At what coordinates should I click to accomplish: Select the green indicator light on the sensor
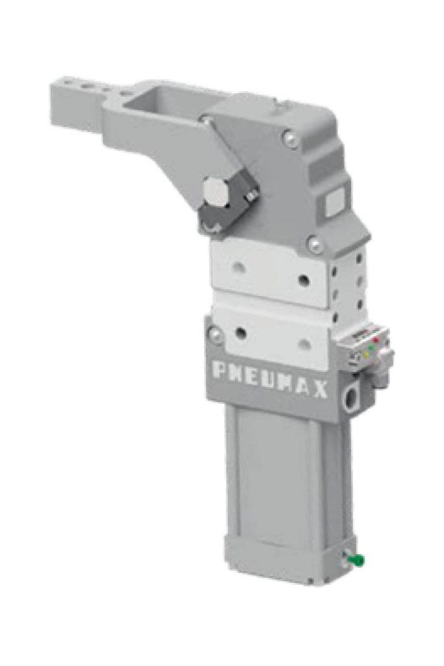click(x=371, y=347)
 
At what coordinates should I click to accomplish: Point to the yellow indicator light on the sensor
click(x=367, y=354)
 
